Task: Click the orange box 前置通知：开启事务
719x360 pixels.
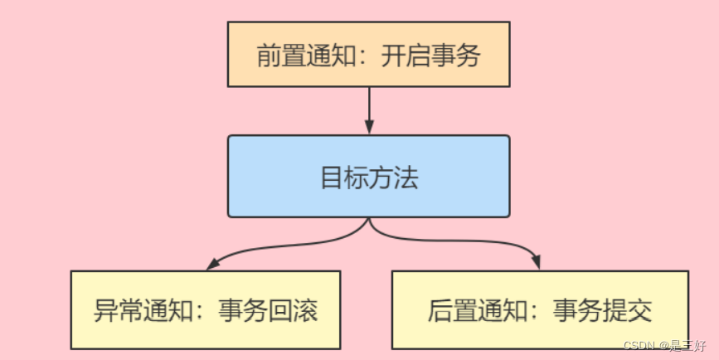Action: (x=369, y=56)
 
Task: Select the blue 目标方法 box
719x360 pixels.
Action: (x=369, y=177)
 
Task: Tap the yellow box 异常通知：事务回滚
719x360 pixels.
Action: (x=206, y=309)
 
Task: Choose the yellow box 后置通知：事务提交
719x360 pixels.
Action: (x=540, y=309)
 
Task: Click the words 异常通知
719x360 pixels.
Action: (x=136, y=310)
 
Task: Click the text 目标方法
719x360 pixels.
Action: (x=369, y=178)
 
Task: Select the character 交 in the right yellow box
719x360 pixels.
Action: (x=640, y=310)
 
